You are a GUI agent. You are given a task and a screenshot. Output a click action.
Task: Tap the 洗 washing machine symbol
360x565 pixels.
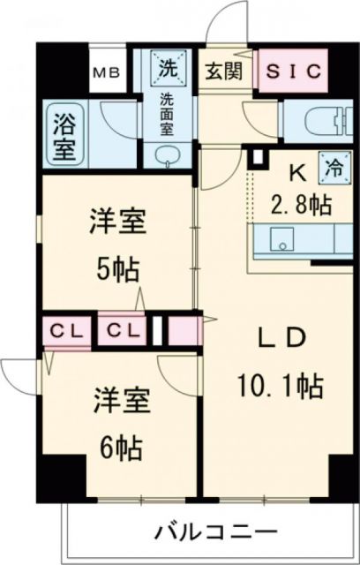click(x=166, y=64)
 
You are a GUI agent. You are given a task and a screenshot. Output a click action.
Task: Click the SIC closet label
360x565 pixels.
click(x=290, y=71)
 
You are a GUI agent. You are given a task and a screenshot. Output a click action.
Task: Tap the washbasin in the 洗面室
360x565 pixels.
click(x=166, y=155)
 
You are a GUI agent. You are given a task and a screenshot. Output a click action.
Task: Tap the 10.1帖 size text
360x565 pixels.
click(x=280, y=385)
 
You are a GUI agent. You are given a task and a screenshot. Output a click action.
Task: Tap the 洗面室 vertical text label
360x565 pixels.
click(x=166, y=112)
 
